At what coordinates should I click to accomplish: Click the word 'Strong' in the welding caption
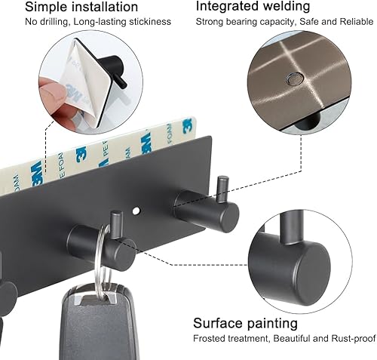pyautogui.click(x=211, y=23)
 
